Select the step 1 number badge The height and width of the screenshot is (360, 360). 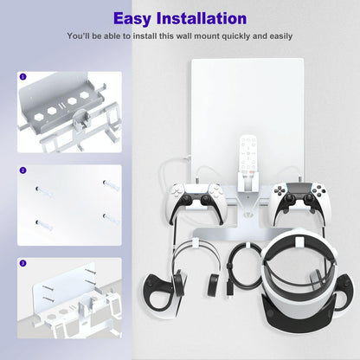coord(22,76)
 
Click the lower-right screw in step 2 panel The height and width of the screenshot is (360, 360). coord(107,215)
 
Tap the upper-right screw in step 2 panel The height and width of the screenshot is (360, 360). coord(107,184)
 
